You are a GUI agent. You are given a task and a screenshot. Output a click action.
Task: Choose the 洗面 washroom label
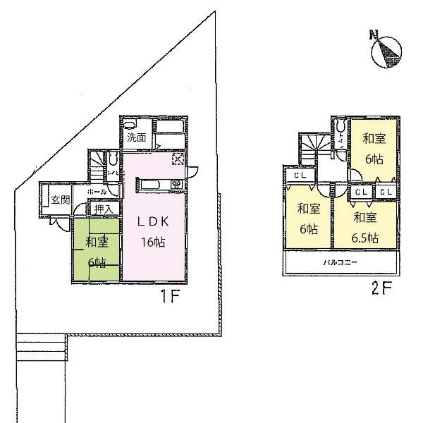[x=137, y=138]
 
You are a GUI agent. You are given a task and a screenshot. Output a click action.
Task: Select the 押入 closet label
[x=103, y=209]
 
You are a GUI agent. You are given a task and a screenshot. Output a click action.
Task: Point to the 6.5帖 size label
[x=364, y=237]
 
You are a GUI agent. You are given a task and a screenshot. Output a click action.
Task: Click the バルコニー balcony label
[x=341, y=262]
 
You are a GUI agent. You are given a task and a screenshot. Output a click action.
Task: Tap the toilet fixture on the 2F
[x=341, y=129]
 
